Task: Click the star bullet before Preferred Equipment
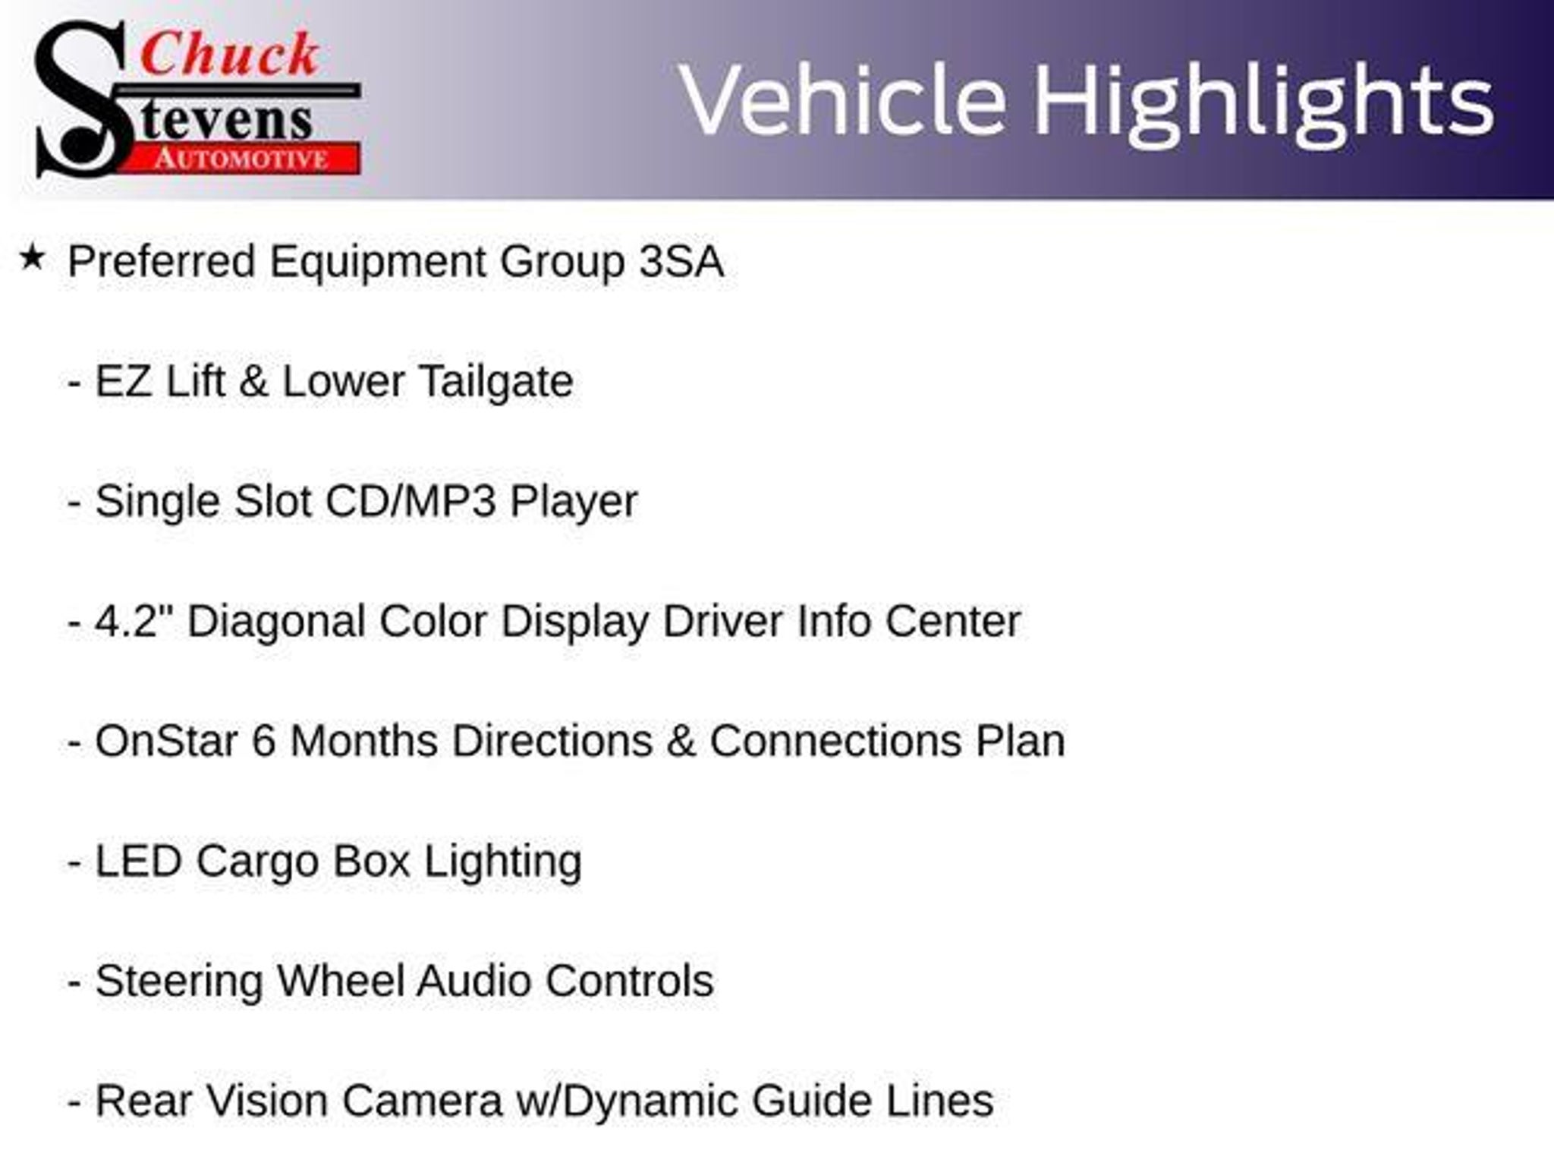coord(32,258)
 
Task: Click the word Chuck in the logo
coord(229,54)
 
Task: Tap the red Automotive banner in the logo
coord(241,159)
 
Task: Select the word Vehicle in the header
coord(843,100)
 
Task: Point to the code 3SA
coord(681,261)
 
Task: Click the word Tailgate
coord(496,382)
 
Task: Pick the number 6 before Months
coord(263,741)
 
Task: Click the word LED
coord(139,861)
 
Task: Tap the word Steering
coord(178,982)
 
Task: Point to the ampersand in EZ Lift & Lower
coord(253,381)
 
